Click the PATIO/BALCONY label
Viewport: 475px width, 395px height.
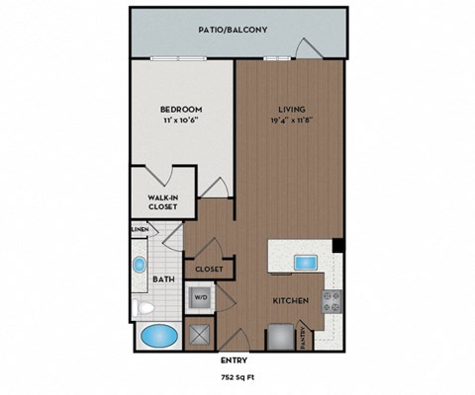(234, 31)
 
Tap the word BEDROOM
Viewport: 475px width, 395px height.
(181, 109)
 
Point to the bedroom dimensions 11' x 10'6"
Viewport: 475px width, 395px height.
(181, 120)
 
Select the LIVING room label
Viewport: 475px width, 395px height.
(291, 109)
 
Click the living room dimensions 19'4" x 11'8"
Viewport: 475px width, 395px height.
(291, 120)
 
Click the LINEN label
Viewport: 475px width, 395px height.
(140, 230)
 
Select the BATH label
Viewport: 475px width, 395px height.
(163, 279)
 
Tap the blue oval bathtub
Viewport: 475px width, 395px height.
(159, 336)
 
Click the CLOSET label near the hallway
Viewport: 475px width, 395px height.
(208, 269)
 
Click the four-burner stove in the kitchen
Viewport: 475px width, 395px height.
(332, 300)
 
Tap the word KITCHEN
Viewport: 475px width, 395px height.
(292, 300)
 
